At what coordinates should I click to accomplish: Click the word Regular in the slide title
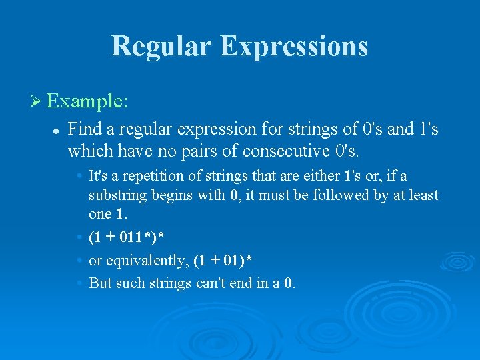click(x=161, y=47)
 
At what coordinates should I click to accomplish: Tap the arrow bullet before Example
click(x=36, y=102)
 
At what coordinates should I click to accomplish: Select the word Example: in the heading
click(x=87, y=102)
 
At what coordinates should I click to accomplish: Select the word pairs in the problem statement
click(x=202, y=151)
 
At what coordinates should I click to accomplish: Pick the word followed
click(x=337, y=195)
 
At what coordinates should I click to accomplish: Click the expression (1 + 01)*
click(x=222, y=259)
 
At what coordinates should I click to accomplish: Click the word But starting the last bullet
click(x=101, y=283)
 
